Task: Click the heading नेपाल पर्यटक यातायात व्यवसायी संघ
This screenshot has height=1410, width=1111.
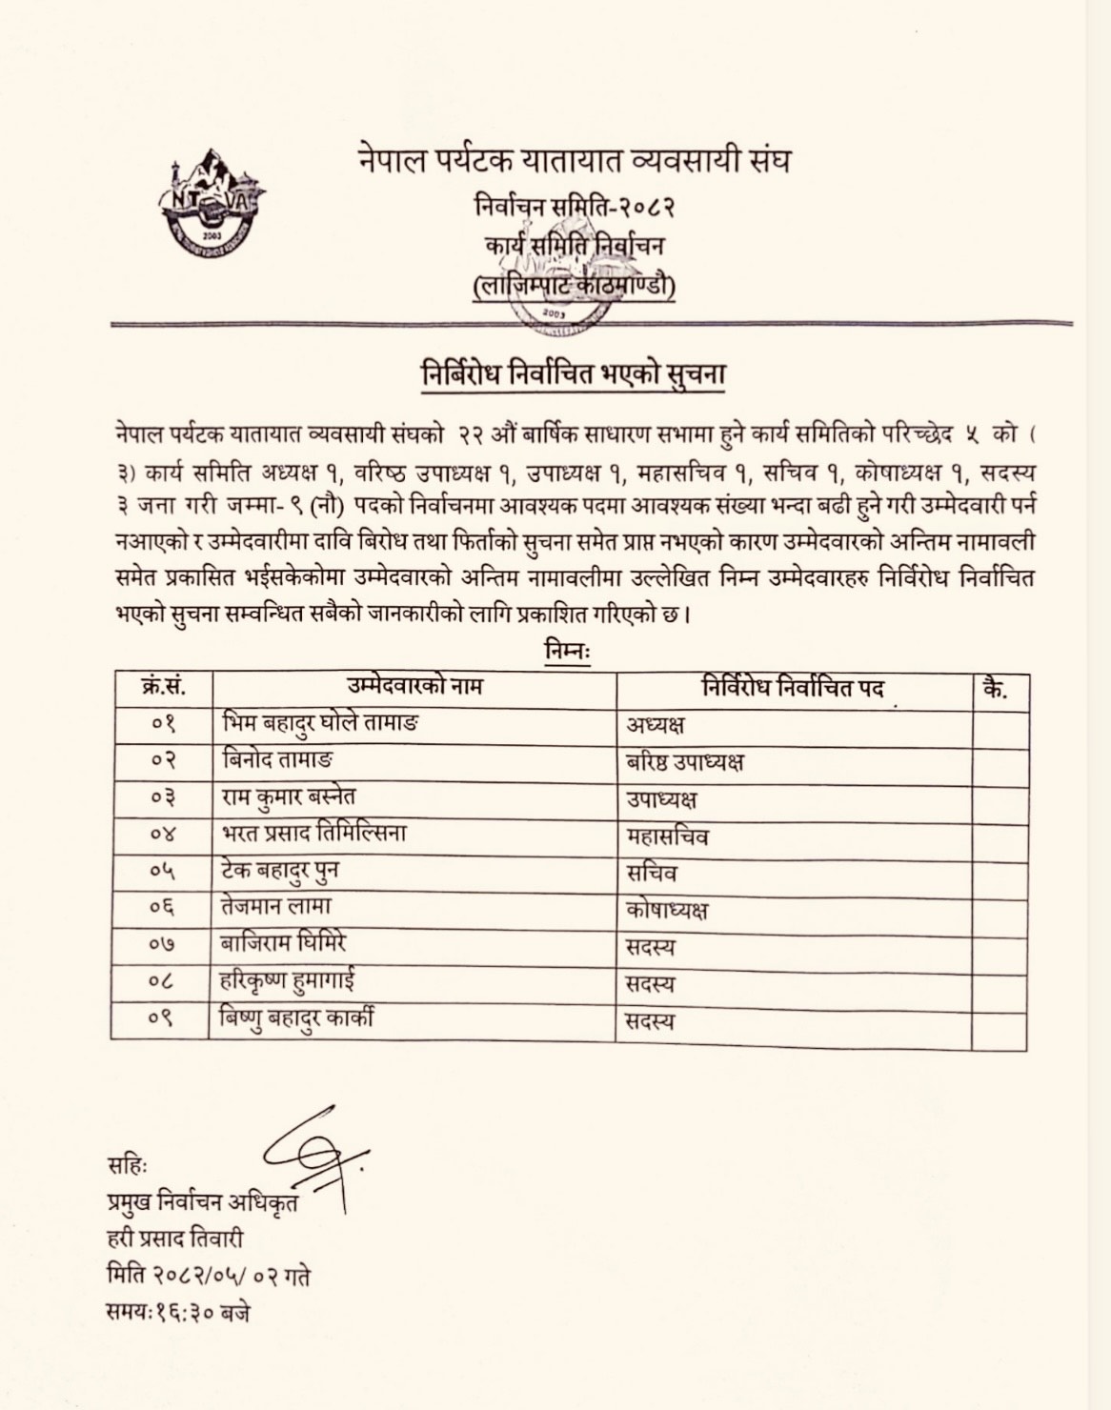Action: tap(575, 159)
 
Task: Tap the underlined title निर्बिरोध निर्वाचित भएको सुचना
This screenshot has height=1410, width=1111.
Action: tap(574, 373)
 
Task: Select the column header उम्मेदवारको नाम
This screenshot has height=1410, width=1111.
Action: tap(414, 686)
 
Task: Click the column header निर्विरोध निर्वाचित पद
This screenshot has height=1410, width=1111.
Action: tap(793, 688)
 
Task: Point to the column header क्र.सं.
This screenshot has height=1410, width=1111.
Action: tap(163, 686)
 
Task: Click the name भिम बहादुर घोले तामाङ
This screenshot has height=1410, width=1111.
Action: tap(320, 723)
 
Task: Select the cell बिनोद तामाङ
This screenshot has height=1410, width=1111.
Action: tap(277, 759)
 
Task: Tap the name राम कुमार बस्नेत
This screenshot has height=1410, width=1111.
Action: tap(289, 796)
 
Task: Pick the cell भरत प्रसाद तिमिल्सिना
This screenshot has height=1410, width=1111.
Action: tap(314, 833)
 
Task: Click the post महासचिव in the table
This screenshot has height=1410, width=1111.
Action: tap(667, 836)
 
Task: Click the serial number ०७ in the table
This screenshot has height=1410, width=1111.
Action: tap(163, 944)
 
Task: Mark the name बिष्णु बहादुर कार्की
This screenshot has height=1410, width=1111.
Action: tap(296, 1018)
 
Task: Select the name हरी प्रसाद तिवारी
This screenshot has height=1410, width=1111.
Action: tap(175, 1239)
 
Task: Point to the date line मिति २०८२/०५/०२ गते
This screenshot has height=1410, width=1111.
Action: tap(209, 1275)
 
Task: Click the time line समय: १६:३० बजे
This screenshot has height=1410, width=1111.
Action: tap(179, 1312)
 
